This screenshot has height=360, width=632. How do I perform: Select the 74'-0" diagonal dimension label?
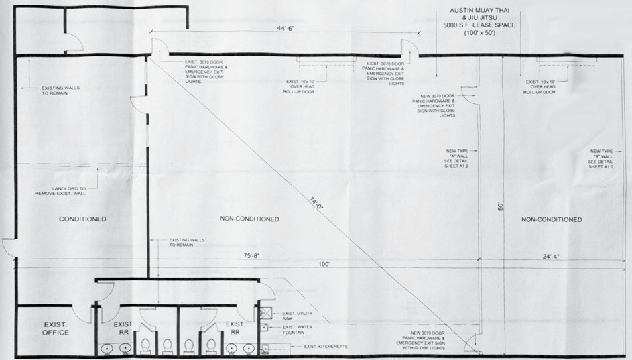coord(316,202)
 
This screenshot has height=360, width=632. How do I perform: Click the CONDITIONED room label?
coord(83,219)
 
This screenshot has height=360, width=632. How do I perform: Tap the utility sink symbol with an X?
coord(265,313)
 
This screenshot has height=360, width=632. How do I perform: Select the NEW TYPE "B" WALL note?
coord(601,158)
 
